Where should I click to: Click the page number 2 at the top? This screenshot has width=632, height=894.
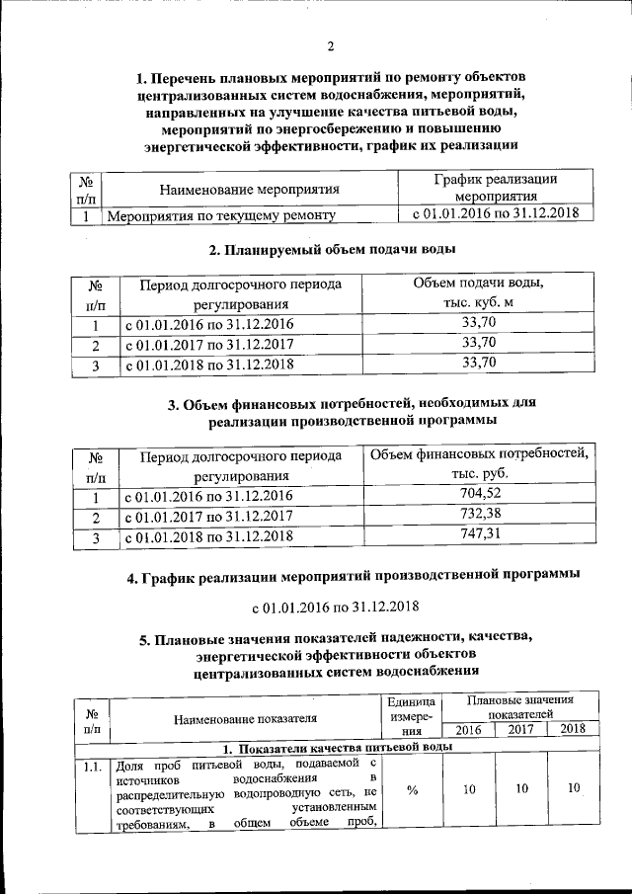(331, 46)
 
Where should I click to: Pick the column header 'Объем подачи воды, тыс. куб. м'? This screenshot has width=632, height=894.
(478, 293)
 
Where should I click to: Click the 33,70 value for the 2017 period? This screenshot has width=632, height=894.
(478, 343)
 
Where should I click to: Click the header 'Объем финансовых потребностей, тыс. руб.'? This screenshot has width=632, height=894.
(479, 464)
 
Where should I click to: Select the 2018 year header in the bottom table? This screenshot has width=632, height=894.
(572, 729)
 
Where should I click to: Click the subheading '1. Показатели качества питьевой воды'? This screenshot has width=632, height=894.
(337, 747)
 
